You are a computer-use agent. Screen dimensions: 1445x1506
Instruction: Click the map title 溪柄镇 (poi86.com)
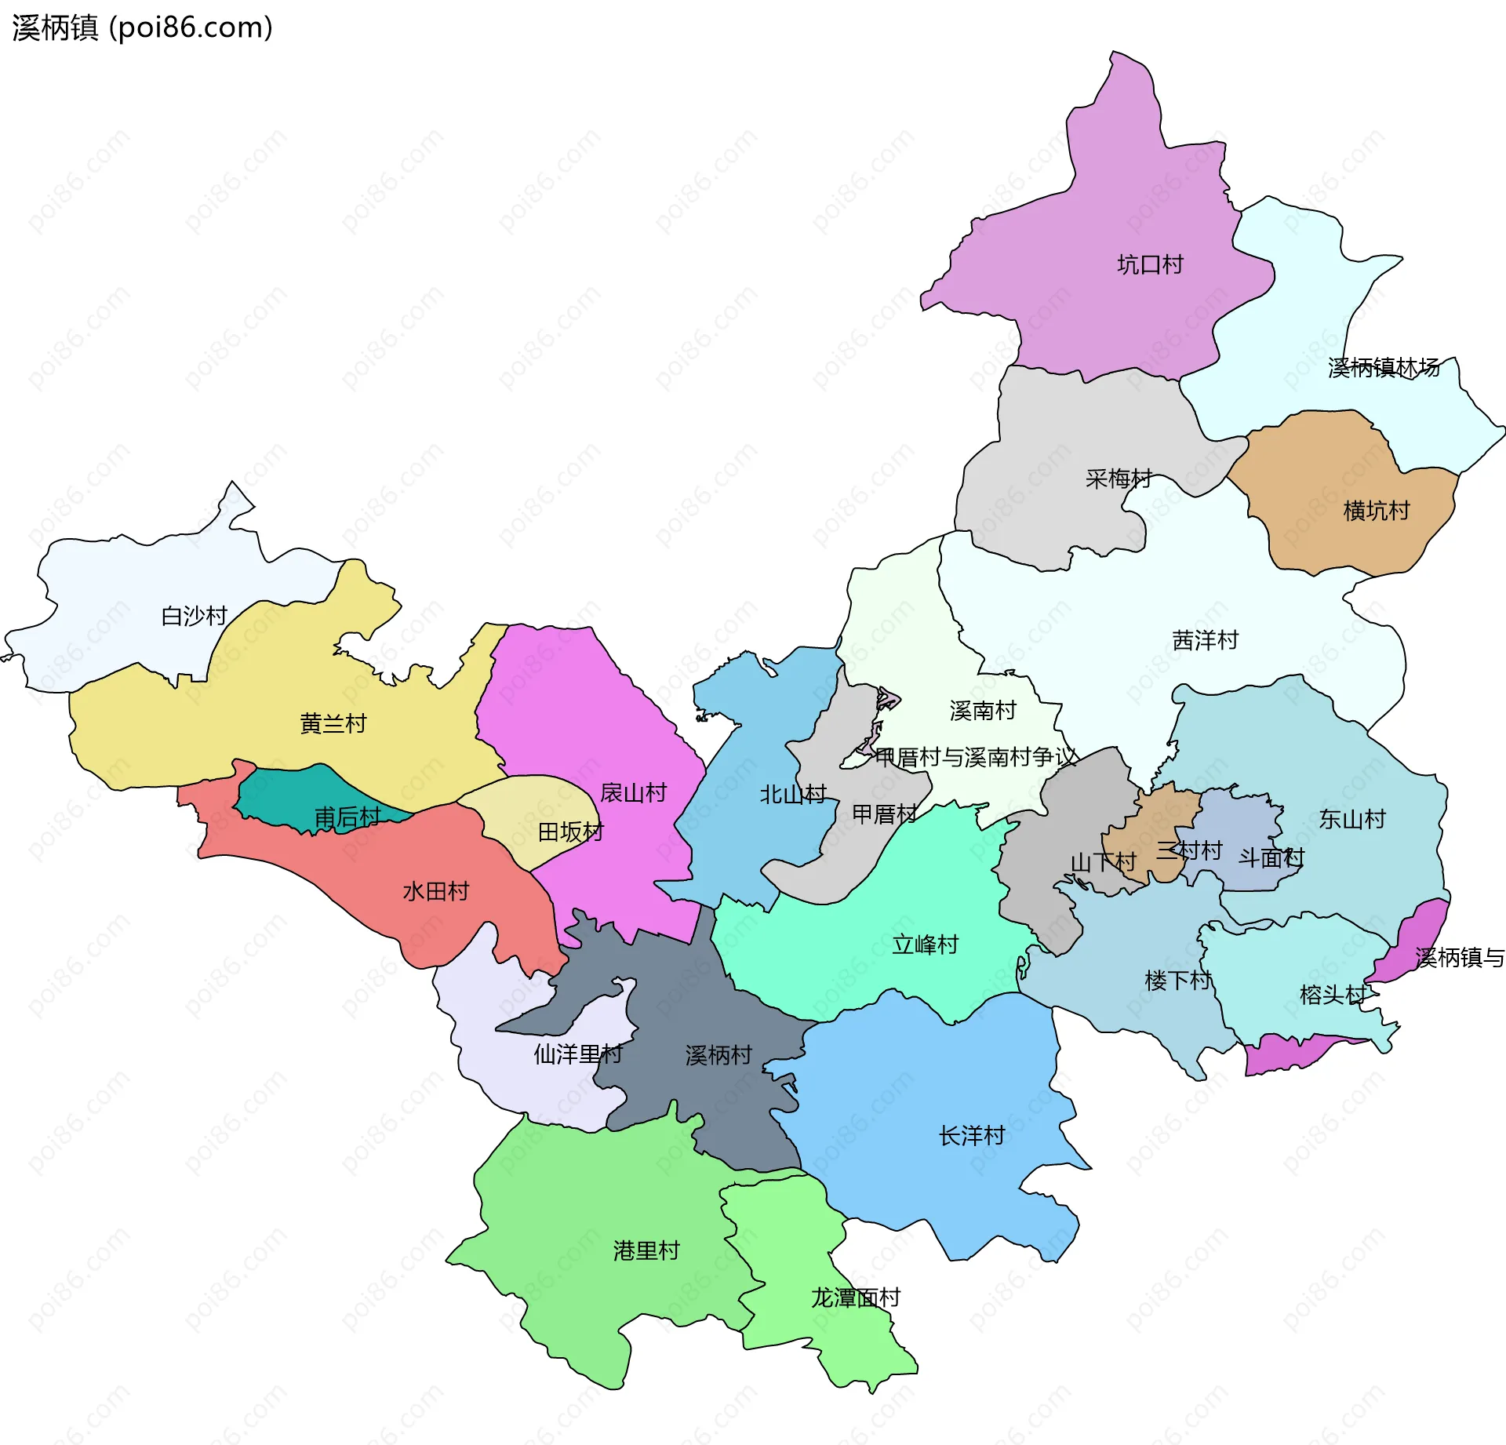coord(142,27)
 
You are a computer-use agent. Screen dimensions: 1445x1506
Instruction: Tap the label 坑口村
coord(1150,265)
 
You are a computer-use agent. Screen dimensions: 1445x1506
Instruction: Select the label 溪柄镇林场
coord(1384,367)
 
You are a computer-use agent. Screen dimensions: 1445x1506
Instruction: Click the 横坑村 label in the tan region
coord(1377,511)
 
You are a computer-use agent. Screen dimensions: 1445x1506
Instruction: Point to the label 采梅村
coord(1119,479)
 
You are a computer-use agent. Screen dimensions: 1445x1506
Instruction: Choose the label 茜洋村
coord(1205,641)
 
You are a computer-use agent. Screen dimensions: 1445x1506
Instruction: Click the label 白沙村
coord(194,616)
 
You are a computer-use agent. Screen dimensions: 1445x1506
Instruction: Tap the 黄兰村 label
coord(333,723)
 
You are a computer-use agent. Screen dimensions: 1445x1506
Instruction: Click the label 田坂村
coord(570,832)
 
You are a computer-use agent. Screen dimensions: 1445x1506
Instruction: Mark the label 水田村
coord(435,891)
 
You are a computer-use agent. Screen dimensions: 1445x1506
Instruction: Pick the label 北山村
coord(793,795)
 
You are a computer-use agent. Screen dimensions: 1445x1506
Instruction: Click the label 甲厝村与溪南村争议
coord(976,757)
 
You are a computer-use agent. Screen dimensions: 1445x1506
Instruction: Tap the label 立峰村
coord(926,945)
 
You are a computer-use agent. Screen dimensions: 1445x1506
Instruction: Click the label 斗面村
coord(1271,858)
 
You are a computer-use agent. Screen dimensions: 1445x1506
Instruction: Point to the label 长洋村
coord(972,1136)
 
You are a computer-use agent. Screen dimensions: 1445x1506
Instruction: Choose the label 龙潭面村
coord(855,1298)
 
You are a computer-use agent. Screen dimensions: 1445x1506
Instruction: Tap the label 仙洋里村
coord(578,1054)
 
